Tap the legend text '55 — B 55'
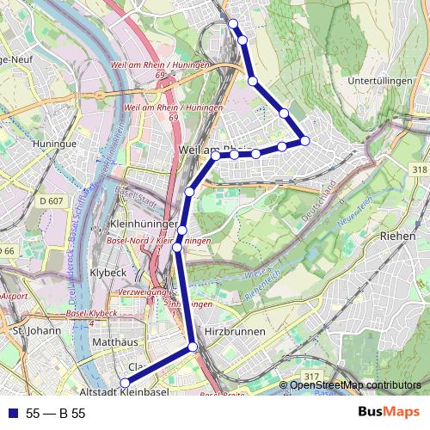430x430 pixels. click(56, 414)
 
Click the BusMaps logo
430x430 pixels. click(389, 413)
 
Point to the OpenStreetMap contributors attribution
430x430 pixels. click(355, 384)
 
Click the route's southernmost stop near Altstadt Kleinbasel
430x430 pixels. click(124, 383)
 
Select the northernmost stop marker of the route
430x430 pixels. click(233, 23)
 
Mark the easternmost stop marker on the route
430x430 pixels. click(304, 140)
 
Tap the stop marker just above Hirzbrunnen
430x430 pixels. click(193, 347)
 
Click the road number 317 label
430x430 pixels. click(310, 377)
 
